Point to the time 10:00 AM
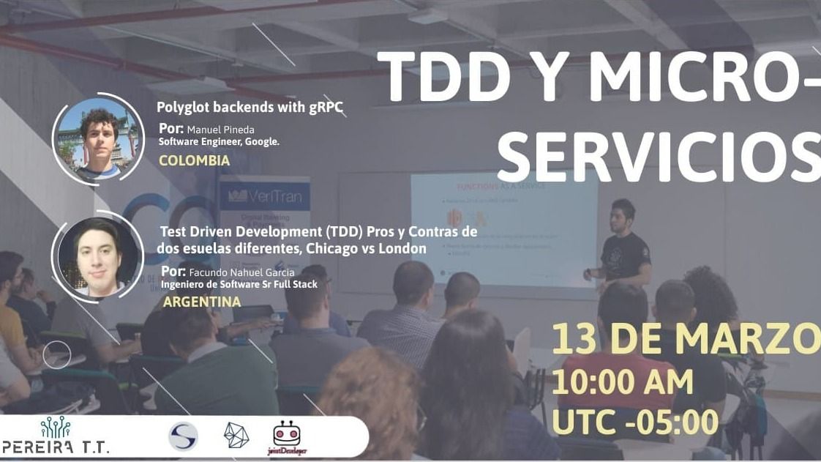(x=622, y=382)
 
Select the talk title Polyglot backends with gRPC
(x=250, y=108)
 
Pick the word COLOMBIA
(x=194, y=160)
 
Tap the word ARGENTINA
(x=202, y=302)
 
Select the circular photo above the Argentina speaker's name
(x=97, y=256)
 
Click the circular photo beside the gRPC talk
(x=97, y=139)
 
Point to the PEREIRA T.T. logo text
(x=56, y=447)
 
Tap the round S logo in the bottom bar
(x=183, y=436)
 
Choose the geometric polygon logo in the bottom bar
(x=236, y=436)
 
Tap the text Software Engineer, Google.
(x=219, y=142)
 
